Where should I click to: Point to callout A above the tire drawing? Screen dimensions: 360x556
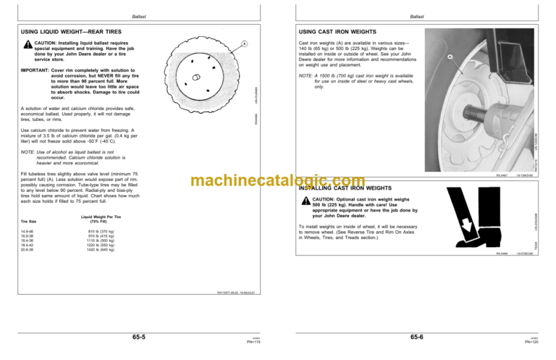coord(245,43)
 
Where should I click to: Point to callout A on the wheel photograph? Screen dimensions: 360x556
coord(450,57)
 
